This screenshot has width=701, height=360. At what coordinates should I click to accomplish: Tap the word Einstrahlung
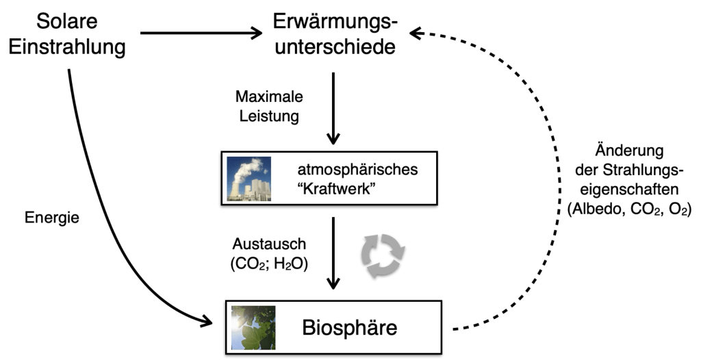(x=67, y=47)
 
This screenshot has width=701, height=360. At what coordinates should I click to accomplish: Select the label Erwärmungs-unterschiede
(x=334, y=34)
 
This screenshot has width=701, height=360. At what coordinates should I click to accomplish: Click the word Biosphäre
(x=349, y=327)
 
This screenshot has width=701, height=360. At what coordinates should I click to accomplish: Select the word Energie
(x=51, y=218)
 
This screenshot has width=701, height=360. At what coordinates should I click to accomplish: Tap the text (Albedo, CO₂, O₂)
(x=629, y=211)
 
